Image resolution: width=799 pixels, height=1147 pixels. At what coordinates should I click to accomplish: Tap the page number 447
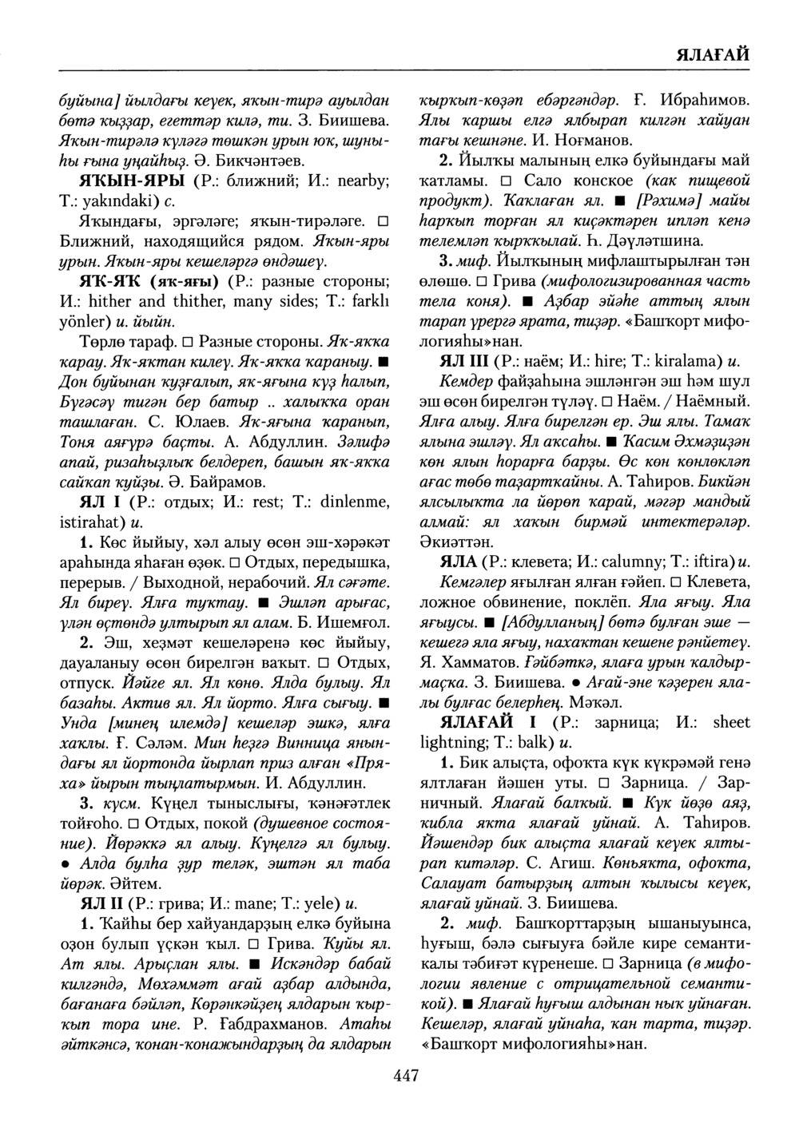point(407,1076)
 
